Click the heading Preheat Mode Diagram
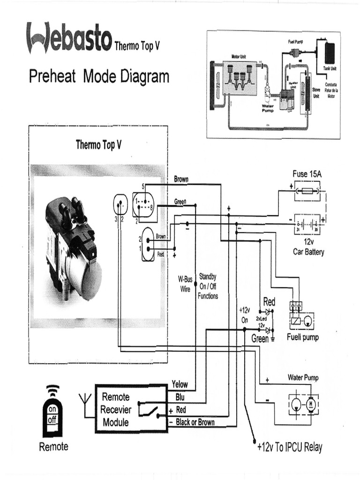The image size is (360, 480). [99, 76]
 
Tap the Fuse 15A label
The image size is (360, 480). [307, 174]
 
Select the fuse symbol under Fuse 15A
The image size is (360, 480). [307, 191]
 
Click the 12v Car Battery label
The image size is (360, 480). [308, 247]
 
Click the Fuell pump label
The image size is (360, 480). [302, 337]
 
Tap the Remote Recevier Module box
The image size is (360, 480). [132, 408]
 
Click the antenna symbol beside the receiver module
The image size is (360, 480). [85, 403]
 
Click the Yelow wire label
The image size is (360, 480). [180, 384]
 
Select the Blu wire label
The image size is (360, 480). [180, 397]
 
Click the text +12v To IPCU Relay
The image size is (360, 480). [290, 447]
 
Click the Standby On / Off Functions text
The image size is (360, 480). [208, 286]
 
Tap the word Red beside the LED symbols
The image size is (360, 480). [269, 301]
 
